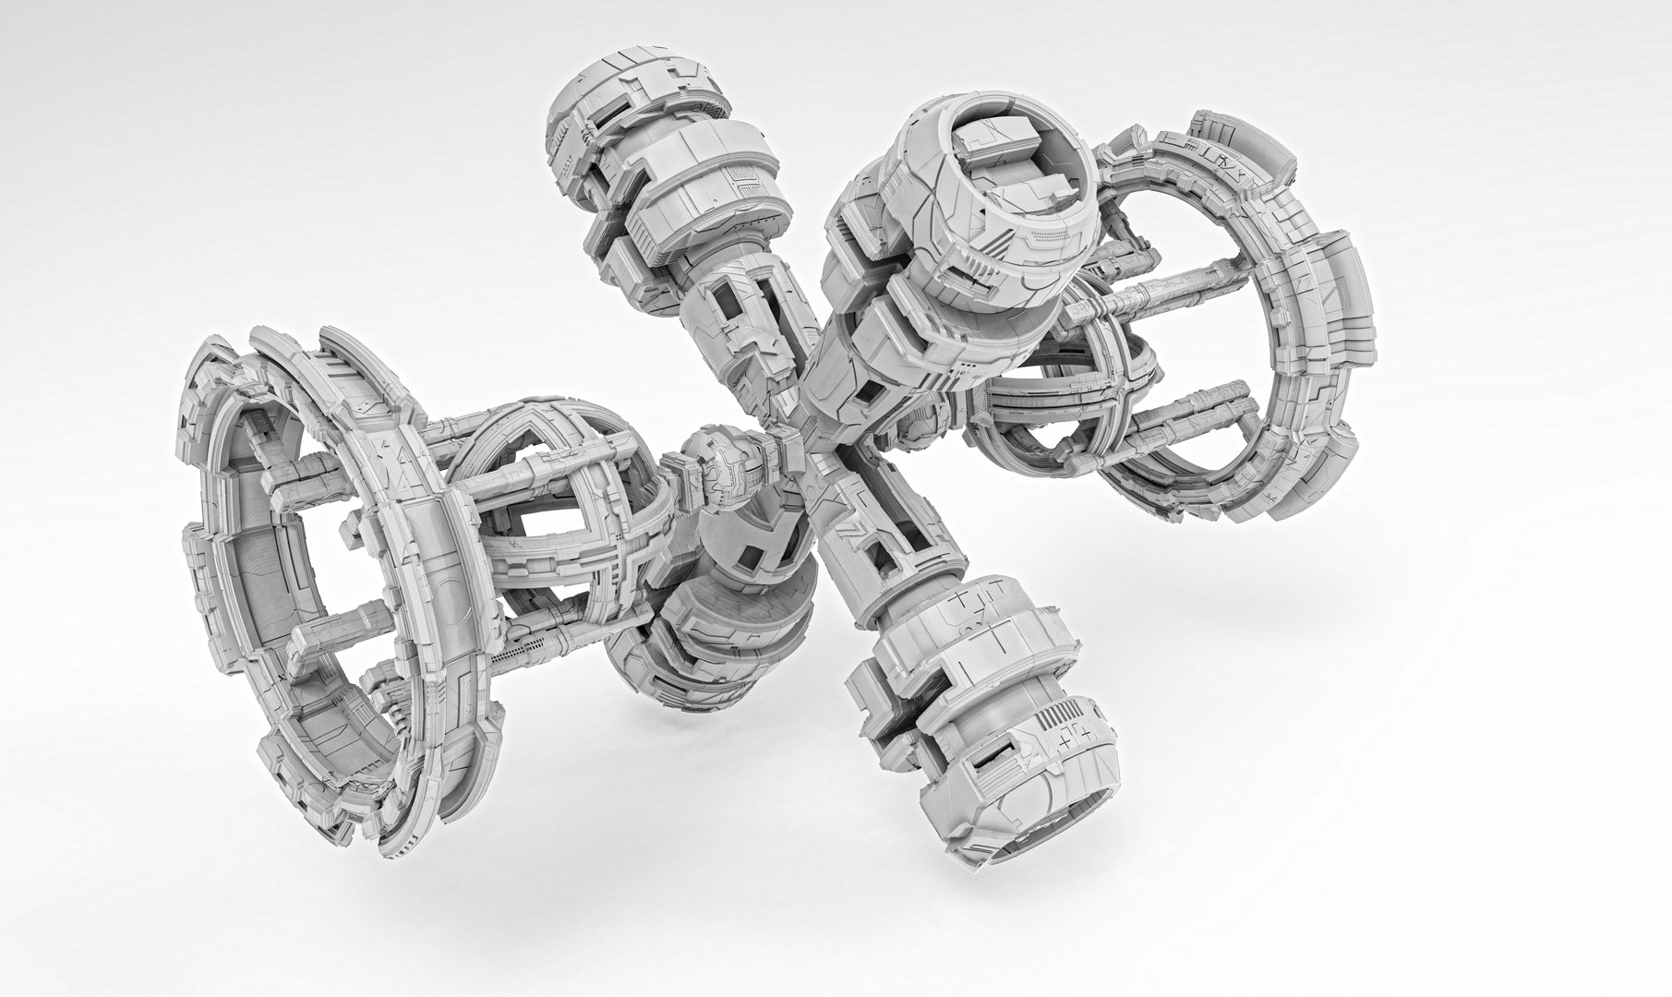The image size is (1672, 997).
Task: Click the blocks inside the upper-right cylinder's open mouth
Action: pyautogui.click(x=1002, y=157)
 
